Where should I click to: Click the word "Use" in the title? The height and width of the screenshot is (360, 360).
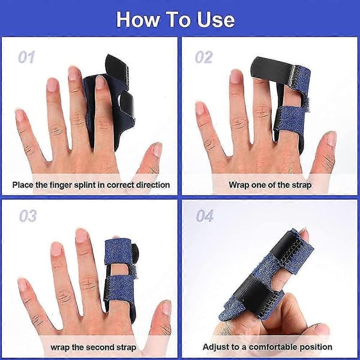pos(216,20)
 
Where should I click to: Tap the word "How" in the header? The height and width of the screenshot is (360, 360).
pos(138,20)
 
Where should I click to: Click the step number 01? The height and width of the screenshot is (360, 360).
pos(26,57)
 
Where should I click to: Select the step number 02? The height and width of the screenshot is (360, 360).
pos(203,57)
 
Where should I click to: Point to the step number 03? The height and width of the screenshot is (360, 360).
pos(28,216)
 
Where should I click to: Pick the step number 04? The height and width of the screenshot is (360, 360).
pos(205,216)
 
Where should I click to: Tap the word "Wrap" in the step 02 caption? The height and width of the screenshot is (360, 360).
pos(239,185)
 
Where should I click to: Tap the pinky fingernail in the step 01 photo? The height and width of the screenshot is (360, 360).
pos(19,115)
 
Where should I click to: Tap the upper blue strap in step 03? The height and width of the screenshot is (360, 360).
pos(118,251)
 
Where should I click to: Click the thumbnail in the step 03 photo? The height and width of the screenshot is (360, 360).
pos(167,308)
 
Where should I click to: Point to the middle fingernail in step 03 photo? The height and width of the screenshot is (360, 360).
pos(82,235)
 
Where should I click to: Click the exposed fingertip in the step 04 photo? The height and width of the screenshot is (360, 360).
pos(304,234)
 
